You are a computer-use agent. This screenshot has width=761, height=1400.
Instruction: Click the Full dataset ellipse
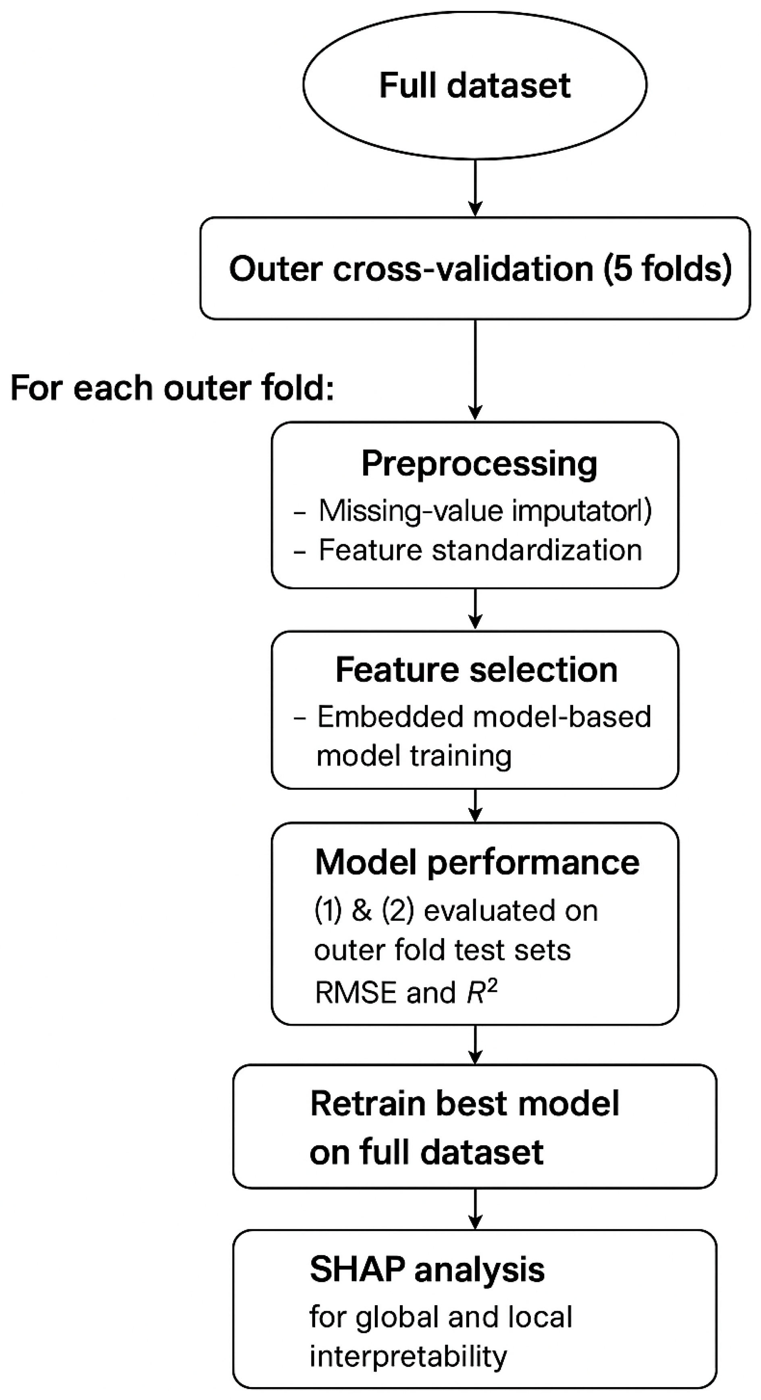[475, 86]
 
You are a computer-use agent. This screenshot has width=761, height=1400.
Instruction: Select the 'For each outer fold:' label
[172, 388]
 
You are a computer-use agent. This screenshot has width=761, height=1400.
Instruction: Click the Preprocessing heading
[479, 463]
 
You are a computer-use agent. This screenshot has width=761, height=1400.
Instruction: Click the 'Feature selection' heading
[476, 669]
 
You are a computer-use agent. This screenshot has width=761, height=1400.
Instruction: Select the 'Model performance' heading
[477, 862]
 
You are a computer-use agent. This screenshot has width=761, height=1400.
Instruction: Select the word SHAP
[357, 1270]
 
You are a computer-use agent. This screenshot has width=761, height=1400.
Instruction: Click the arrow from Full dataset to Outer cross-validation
[475, 188]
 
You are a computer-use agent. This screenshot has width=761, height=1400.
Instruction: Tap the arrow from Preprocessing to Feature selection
[475, 609]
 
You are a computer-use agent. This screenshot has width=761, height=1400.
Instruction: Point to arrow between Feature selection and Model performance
[475, 805]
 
